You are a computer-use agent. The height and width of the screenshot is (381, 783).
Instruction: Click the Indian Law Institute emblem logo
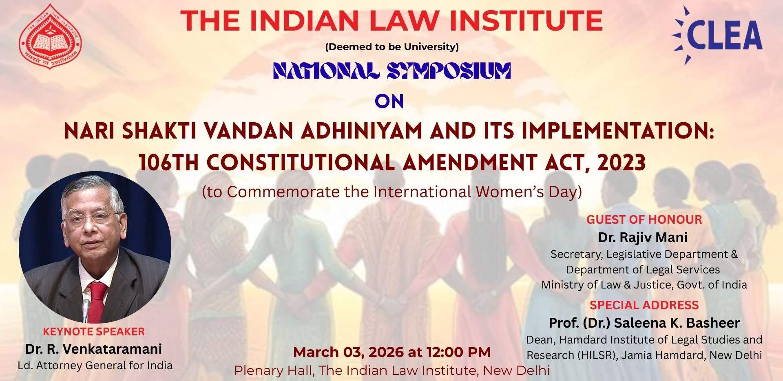click(50, 36)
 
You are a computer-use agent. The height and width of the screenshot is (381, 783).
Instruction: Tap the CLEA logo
click(717, 35)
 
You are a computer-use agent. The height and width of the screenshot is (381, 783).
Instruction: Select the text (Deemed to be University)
click(392, 47)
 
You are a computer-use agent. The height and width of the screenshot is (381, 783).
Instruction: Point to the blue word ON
click(389, 101)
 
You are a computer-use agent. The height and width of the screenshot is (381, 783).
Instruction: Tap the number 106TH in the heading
click(169, 162)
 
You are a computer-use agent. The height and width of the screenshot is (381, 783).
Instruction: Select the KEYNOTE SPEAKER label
click(94, 332)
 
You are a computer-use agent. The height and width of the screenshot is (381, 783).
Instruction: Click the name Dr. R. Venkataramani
click(93, 349)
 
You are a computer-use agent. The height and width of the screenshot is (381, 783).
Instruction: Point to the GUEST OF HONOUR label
click(644, 220)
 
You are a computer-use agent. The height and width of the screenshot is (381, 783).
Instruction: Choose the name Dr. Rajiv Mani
click(643, 237)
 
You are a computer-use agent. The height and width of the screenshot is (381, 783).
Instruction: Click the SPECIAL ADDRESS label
click(644, 305)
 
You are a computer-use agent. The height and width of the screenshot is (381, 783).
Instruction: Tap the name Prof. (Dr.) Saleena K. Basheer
click(644, 323)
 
